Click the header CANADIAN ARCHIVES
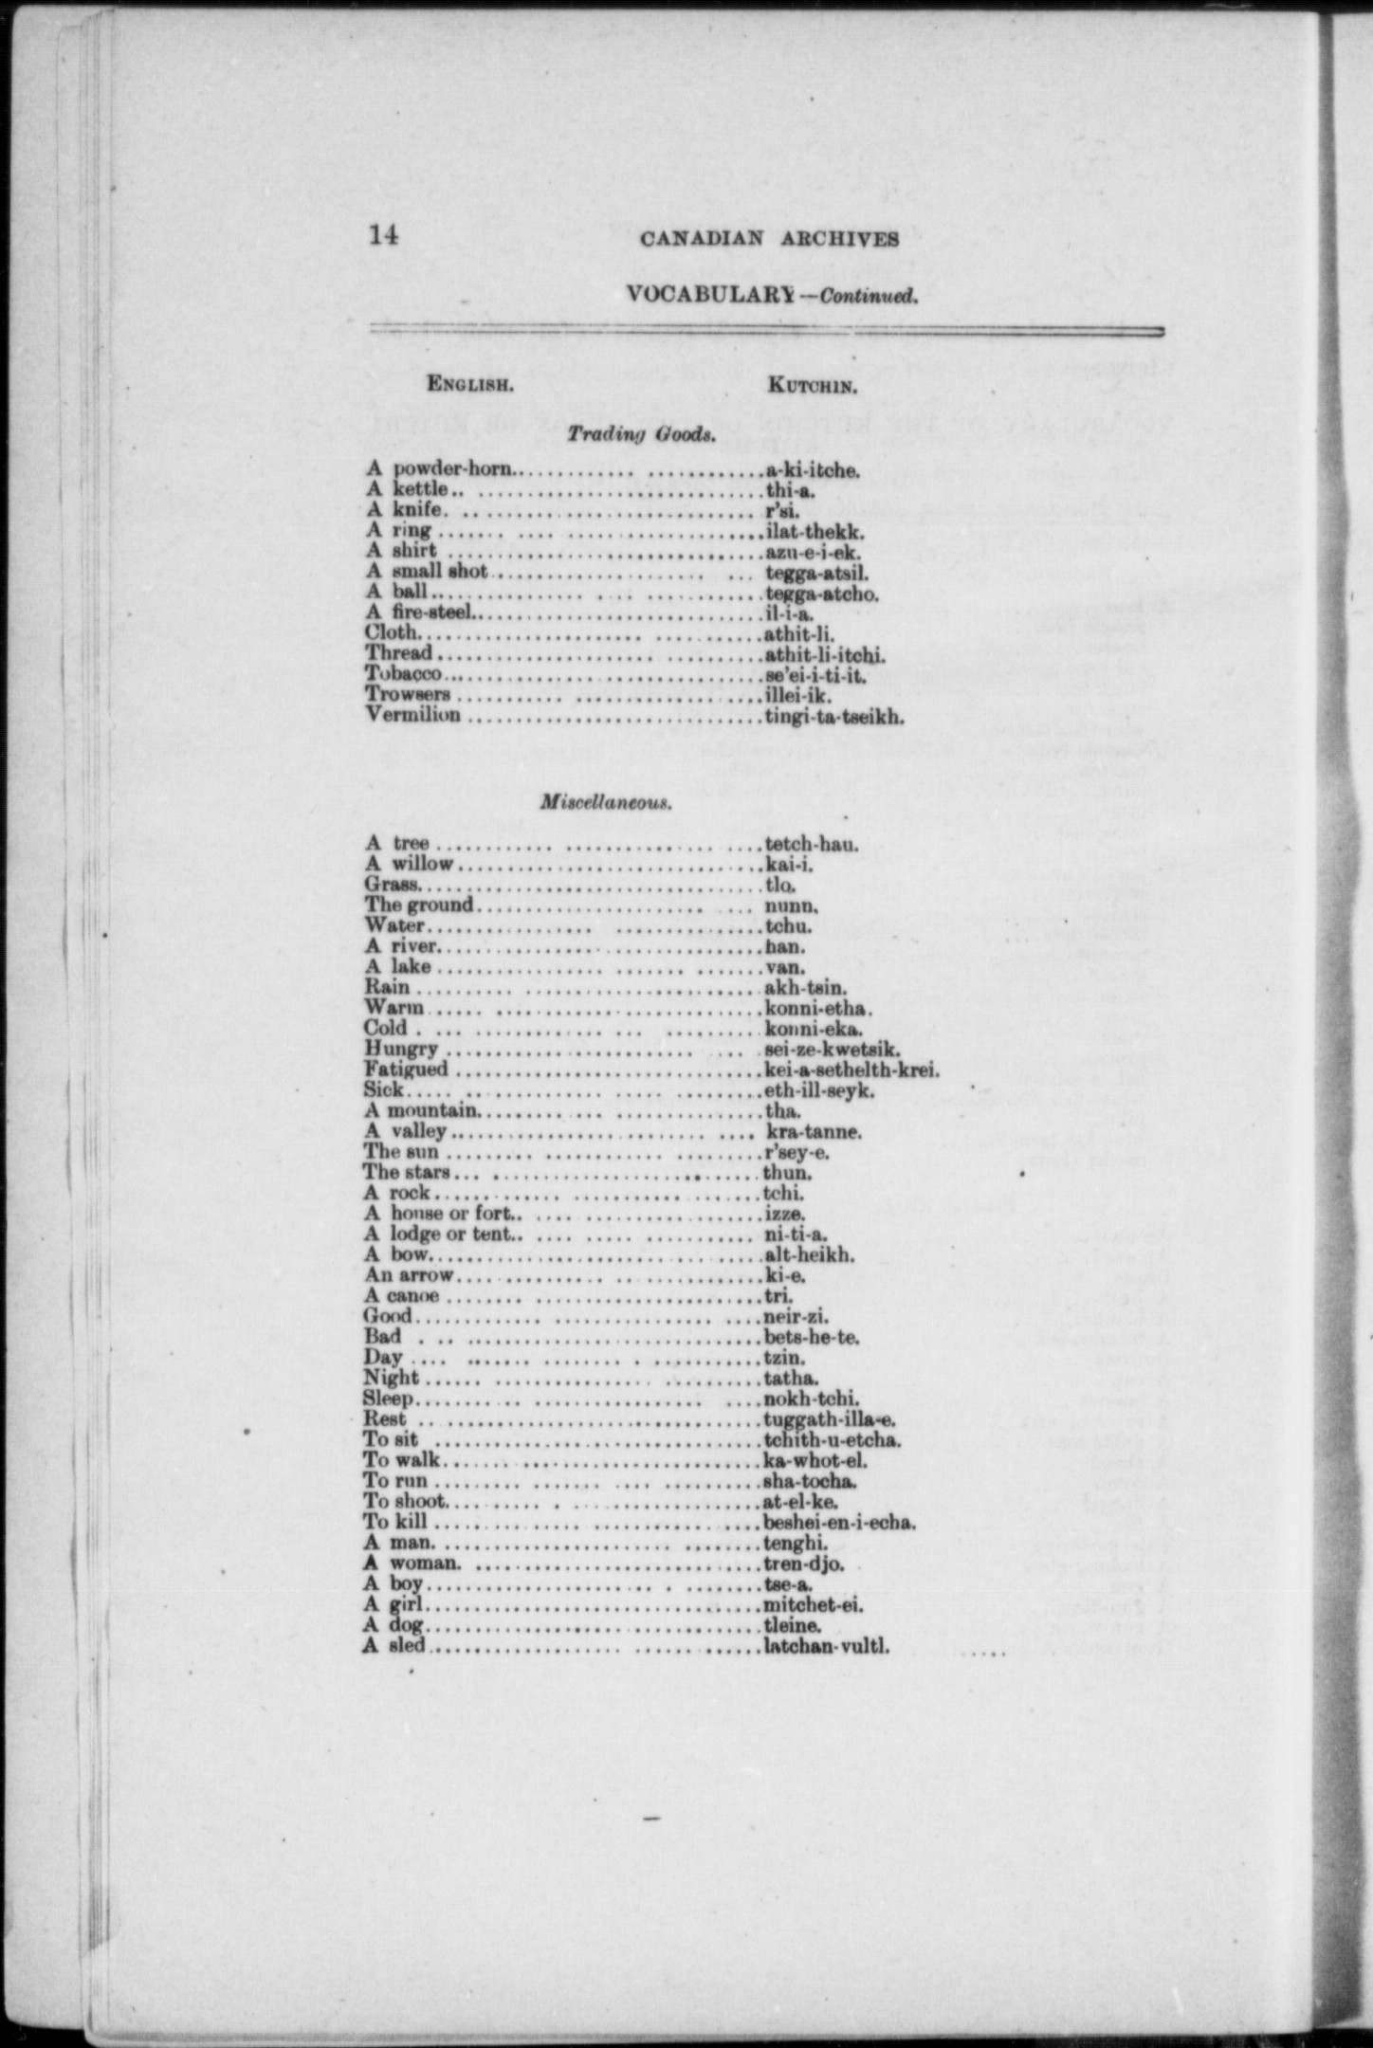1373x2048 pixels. pos(769,239)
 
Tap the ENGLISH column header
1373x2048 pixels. pos(470,385)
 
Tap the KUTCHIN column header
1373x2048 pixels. pos(813,386)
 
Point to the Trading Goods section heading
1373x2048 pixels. pos(640,435)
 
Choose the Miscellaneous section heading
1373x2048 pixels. pos(606,802)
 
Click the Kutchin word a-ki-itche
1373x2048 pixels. pos(813,469)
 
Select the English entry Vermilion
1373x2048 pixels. pos(413,715)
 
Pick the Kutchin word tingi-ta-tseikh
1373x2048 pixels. pos(833,717)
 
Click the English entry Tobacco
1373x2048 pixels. pos(404,674)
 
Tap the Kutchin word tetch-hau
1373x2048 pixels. pos(811,843)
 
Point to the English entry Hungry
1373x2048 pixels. pos(401,1049)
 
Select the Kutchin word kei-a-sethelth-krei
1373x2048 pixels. pos(851,1070)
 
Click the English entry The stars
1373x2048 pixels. pos(407,1173)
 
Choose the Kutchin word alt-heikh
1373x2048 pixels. pos(809,1255)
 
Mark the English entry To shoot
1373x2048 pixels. pos(404,1502)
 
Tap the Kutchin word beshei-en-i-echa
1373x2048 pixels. pos(839,1523)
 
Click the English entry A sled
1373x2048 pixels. pos(394,1647)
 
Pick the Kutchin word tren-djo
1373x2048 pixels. pos(803,1564)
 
